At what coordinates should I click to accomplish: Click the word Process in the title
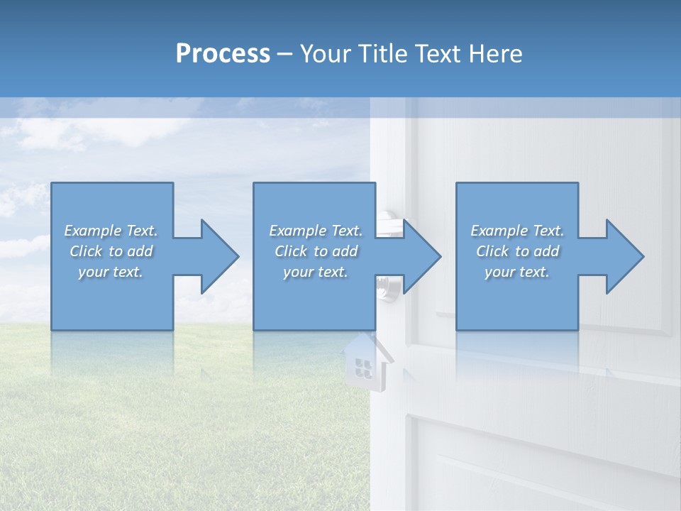click(223, 54)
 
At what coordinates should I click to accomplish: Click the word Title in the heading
click(382, 54)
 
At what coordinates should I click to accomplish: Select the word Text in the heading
click(438, 54)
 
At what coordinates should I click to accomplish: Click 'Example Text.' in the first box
click(111, 231)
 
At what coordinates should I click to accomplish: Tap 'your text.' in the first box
click(111, 272)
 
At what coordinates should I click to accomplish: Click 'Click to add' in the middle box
click(316, 251)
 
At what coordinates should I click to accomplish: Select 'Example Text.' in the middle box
click(316, 231)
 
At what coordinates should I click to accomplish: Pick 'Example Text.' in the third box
click(517, 231)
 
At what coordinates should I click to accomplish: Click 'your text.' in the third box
click(517, 272)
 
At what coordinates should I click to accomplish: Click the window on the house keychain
click(363, 367)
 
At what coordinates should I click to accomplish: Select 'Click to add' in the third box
click(517, 251)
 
